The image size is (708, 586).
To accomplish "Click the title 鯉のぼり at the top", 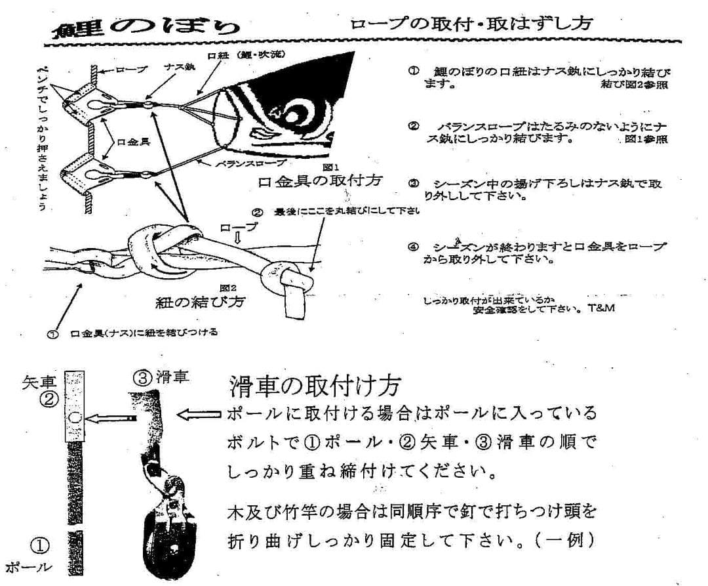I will coord(147,27).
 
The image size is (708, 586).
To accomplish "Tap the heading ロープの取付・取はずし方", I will coord(471,24).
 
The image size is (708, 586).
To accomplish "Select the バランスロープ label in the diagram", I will coord(250,161).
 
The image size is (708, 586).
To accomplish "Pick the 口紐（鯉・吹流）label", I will coord(245,55).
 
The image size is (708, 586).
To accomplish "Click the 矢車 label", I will coord(39,380).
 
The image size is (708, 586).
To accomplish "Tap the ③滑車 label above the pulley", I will coord(161,377).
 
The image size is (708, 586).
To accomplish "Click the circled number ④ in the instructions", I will coord(413,247).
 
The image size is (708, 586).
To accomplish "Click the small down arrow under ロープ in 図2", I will coord(239,240).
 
